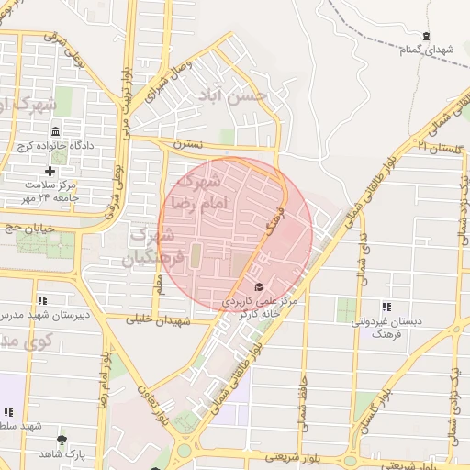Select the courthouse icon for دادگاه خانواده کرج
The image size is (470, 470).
click(55, 131)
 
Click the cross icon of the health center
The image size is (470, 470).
click(50, 171)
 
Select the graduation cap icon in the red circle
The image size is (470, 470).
click(258, 287)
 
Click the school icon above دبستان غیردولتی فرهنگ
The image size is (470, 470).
click(386, 306)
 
